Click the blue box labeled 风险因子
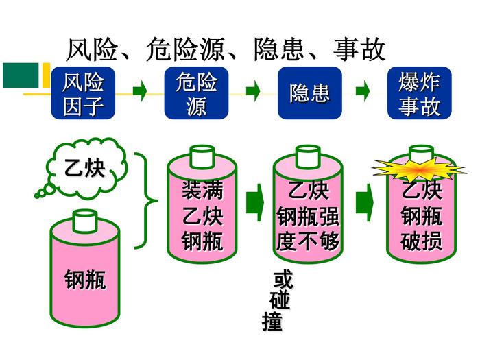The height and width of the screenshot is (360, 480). (83, 94)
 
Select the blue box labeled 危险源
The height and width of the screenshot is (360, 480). (196, 94)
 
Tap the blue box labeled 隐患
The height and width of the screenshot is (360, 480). (309, 94)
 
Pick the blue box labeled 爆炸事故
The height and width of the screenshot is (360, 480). (419, 94)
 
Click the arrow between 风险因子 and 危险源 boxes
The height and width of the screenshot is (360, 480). (140, 90)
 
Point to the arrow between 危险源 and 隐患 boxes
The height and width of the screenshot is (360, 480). (253, 90)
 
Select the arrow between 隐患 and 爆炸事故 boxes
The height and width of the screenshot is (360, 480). (363, 90)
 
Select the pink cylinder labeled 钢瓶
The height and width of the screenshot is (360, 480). (85, 274)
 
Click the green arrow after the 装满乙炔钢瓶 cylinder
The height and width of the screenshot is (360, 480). (254, 202)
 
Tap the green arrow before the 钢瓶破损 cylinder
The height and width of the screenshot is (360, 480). (364, 202)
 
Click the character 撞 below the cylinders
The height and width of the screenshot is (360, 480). (272, 321)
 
